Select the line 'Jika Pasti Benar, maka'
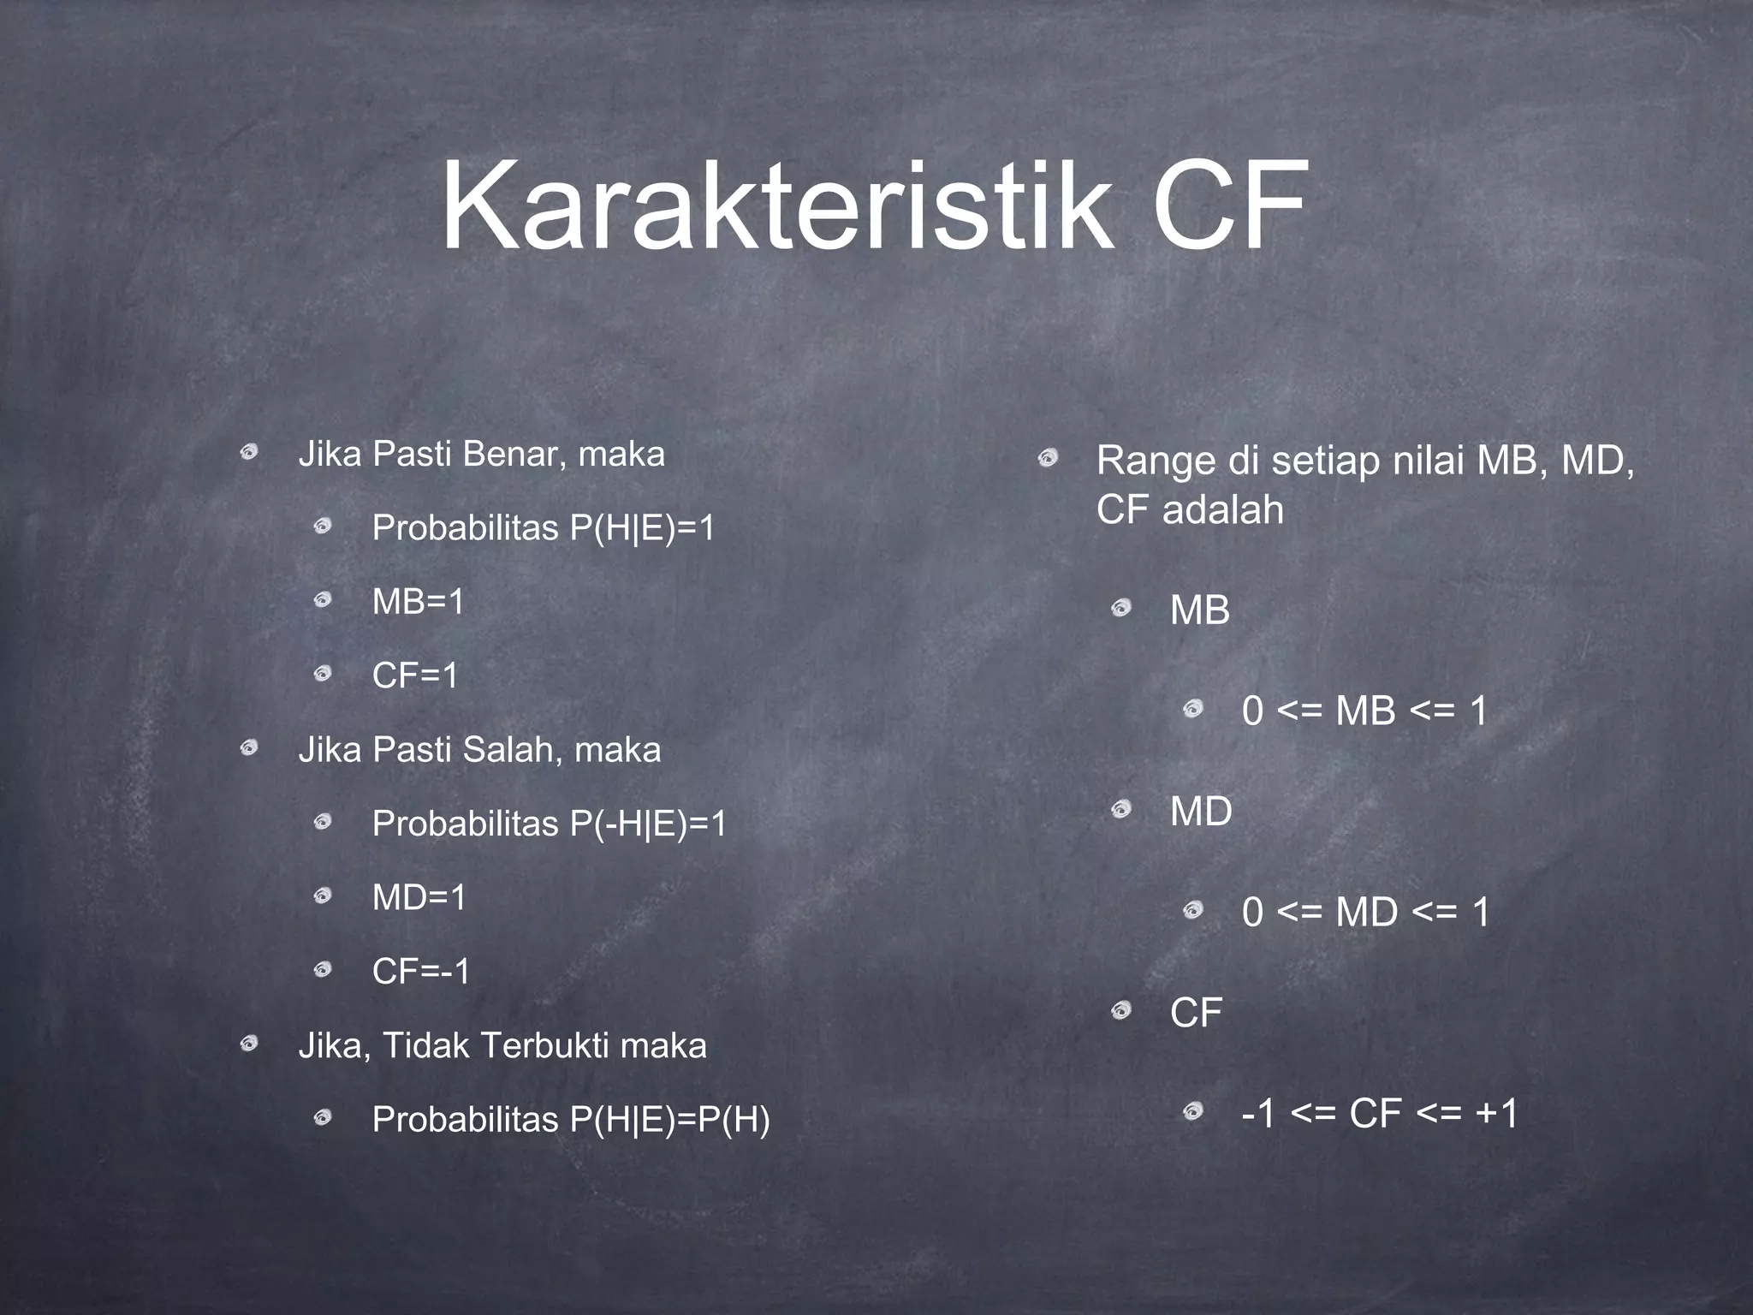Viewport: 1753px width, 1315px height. pyautogui.click(x=481, y=454)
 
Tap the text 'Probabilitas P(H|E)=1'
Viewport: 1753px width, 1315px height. pyautogui.click(x=543, y=527)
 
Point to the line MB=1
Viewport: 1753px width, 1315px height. pyautogui.click(x=419, y=602)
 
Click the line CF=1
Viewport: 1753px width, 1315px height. pyautogui.click(x=415, y=675)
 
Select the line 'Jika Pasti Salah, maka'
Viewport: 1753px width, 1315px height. pyautogui.click(x=479, y=750)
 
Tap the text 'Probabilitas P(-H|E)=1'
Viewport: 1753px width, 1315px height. pyautogui.click(x=549, y=824)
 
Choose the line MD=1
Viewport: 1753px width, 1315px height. pyautogui.click(x=419, y=897)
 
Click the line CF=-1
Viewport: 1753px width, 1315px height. pyautogui.click(x=421, y=972)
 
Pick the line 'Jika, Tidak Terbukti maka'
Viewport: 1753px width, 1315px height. pyautogui.click(x=502, y=1045)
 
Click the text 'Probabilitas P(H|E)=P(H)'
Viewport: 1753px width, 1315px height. pyautogui.click(x=571, y=1119)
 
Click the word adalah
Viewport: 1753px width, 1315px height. pyautogui.click(x=1223, y=510)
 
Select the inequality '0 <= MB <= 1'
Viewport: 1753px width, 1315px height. pyautogui.click(x=1365, y=711)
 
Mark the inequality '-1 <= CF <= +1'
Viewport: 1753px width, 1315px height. pyautogui.click(x=1380, y=1113)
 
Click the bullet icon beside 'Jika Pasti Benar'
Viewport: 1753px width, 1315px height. pyautogui.click(x=249, y=451)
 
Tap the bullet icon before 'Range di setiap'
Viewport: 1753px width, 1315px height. pyautogui.click(x=1047, y=459)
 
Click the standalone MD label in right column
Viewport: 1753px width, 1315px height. pyautogui.click(x=1201, y=812)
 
